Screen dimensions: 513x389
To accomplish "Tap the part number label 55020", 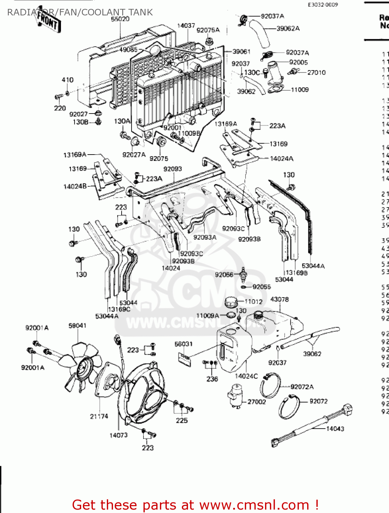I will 120,19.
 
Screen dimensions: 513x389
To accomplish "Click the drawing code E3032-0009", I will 323,4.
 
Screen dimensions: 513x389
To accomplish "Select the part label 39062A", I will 288,28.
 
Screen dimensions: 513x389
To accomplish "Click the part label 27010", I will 316,72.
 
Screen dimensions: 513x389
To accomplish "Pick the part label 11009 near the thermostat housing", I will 300,90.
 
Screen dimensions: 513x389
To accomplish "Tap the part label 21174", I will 99,416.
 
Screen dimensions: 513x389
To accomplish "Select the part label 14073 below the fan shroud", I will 118,435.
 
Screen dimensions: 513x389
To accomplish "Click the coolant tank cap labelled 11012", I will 231,302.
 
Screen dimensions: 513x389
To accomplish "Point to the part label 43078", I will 279,299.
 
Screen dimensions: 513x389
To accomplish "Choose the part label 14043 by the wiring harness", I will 335,429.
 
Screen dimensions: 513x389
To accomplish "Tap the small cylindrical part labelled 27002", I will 236,395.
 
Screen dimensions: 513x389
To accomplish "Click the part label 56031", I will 184,344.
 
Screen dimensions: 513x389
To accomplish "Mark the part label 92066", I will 224,275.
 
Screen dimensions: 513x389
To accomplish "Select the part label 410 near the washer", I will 67,80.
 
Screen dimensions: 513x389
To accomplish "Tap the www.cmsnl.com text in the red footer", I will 254,505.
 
